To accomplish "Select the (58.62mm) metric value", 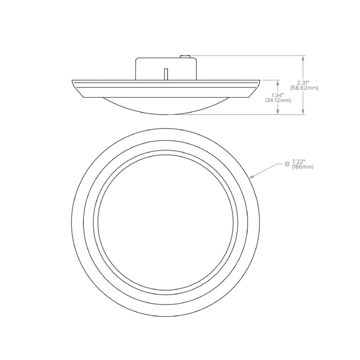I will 304,88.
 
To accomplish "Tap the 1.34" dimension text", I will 278,95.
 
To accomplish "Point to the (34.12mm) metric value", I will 278,100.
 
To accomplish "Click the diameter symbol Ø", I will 286,163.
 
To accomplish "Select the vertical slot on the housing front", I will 166,74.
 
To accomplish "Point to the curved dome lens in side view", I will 166,105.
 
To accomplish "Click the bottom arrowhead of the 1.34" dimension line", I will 278,112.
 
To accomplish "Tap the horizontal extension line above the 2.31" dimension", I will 247,56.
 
